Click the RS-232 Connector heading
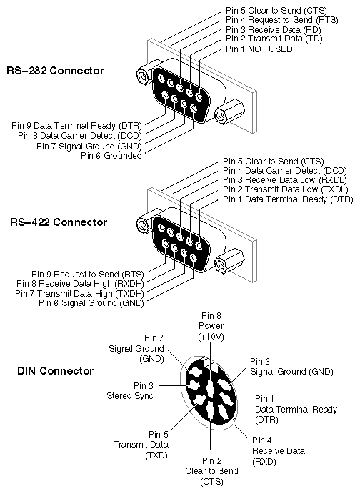[55, 71]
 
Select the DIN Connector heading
[55, 371]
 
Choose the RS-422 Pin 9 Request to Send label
[87, 273]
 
